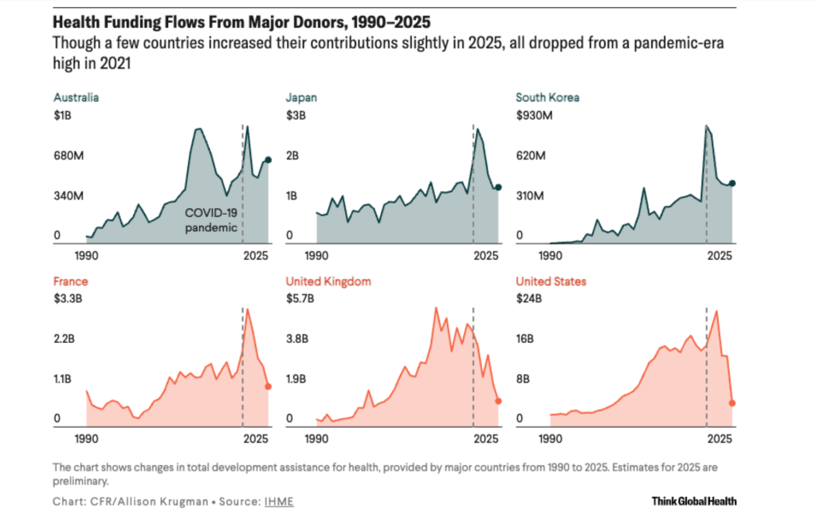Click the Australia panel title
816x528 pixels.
pos(76,98)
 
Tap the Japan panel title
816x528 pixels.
pos(302,98)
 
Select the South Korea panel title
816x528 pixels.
pos(547,98)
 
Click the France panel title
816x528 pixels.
pos(70,282)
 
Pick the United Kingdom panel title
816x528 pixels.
pos(328,282)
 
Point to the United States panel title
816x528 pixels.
pos(551,282)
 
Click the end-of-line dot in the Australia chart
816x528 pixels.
pos(269,160)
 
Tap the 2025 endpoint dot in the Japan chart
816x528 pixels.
pos(499,187)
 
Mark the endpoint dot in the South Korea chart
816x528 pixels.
pos(732,183)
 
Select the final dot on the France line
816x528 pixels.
pos(269,386)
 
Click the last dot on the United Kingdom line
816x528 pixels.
pos(499,401)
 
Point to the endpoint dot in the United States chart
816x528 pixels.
pos(732,403)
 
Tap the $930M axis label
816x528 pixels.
pos(535,116)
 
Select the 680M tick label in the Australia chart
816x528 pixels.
pos(69,156)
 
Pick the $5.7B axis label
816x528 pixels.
pos(300,300)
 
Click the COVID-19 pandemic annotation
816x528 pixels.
pos(211,220)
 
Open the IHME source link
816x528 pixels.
pos(273,502)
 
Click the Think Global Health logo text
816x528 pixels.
pos(693,502)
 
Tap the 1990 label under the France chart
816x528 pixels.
pos(86,439)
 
